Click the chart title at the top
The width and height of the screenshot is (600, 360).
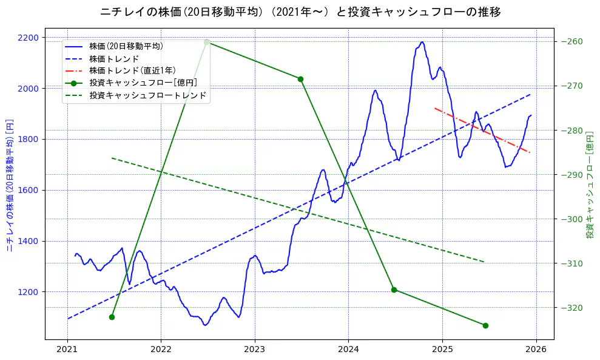pyautogui.click(x=300, y=12)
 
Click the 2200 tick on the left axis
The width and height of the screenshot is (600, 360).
pyautogui.click(x=29, y=38)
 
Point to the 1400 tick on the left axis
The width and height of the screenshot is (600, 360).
pyautogui.click(x=29, y=241)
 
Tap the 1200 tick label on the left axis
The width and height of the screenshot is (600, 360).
pyautogui.click(x=29, y=292)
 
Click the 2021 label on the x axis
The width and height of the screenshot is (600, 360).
pyautogui.click(x=67, y=350)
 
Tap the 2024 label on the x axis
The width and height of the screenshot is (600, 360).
pyautogui.click(x=348, y=350)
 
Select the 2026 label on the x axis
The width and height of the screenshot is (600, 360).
pyautogui.click(x=536, y=350)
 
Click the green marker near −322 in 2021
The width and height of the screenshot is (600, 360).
pyautogui.click(x=112, y=317)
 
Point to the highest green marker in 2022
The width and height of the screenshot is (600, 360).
pyautogui.click(x=207, y=42)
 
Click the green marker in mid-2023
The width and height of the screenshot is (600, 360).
pyautogui.click(x=300, y=79)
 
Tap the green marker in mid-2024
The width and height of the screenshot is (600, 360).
pyautogui.click(x=394, y=290)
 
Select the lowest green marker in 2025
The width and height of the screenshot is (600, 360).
pyautogui.click(x=485, y=325)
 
